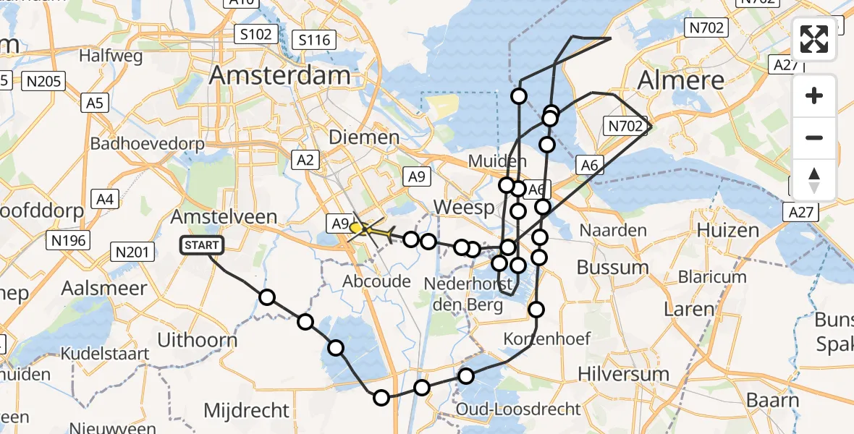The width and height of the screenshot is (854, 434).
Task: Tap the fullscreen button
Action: tap(814, 40)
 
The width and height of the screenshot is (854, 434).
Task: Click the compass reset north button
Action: tap(814, 179)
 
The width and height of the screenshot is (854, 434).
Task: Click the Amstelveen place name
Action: tap(224, 216)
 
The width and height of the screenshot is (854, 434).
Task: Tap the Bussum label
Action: tap(612, 267)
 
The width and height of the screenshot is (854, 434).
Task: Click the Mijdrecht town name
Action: tap(247, 411)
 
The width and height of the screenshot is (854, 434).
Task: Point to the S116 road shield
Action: tap(315, 40)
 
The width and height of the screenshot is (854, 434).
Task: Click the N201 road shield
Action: tap(132, 252)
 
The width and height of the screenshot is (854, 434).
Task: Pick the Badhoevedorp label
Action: tap(148, 143)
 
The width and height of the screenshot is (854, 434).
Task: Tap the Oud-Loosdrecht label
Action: tap(518, 409)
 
